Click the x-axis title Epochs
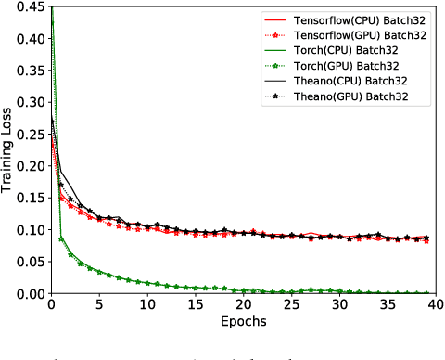point(243,323)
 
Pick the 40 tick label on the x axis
point(436,305)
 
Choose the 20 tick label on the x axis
point(243,305)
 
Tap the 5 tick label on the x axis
point(99,305)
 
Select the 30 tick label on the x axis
point(339,305)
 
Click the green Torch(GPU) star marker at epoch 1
point(61,238)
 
